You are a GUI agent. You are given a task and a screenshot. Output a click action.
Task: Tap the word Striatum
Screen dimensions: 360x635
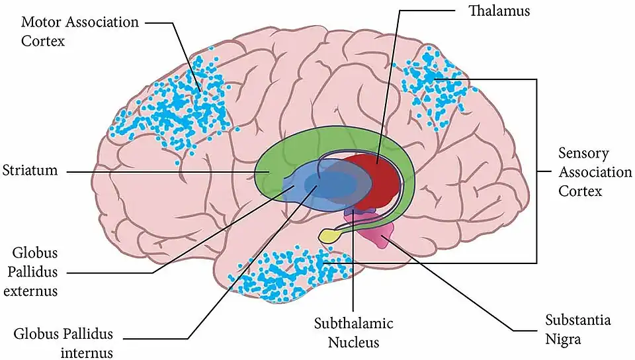point(30,171)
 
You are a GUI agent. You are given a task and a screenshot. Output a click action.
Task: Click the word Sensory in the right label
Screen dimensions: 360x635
point(583,154)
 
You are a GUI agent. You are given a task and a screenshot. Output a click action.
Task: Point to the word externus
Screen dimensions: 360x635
point(35,291)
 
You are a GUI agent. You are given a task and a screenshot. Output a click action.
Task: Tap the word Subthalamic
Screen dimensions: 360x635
point(354,324)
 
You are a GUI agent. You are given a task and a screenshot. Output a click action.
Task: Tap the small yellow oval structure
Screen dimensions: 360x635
point(328,235)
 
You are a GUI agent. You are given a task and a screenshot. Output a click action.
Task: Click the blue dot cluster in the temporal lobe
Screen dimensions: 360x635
point(284,275)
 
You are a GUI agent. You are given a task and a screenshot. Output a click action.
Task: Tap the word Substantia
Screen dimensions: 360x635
point(578,321)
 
